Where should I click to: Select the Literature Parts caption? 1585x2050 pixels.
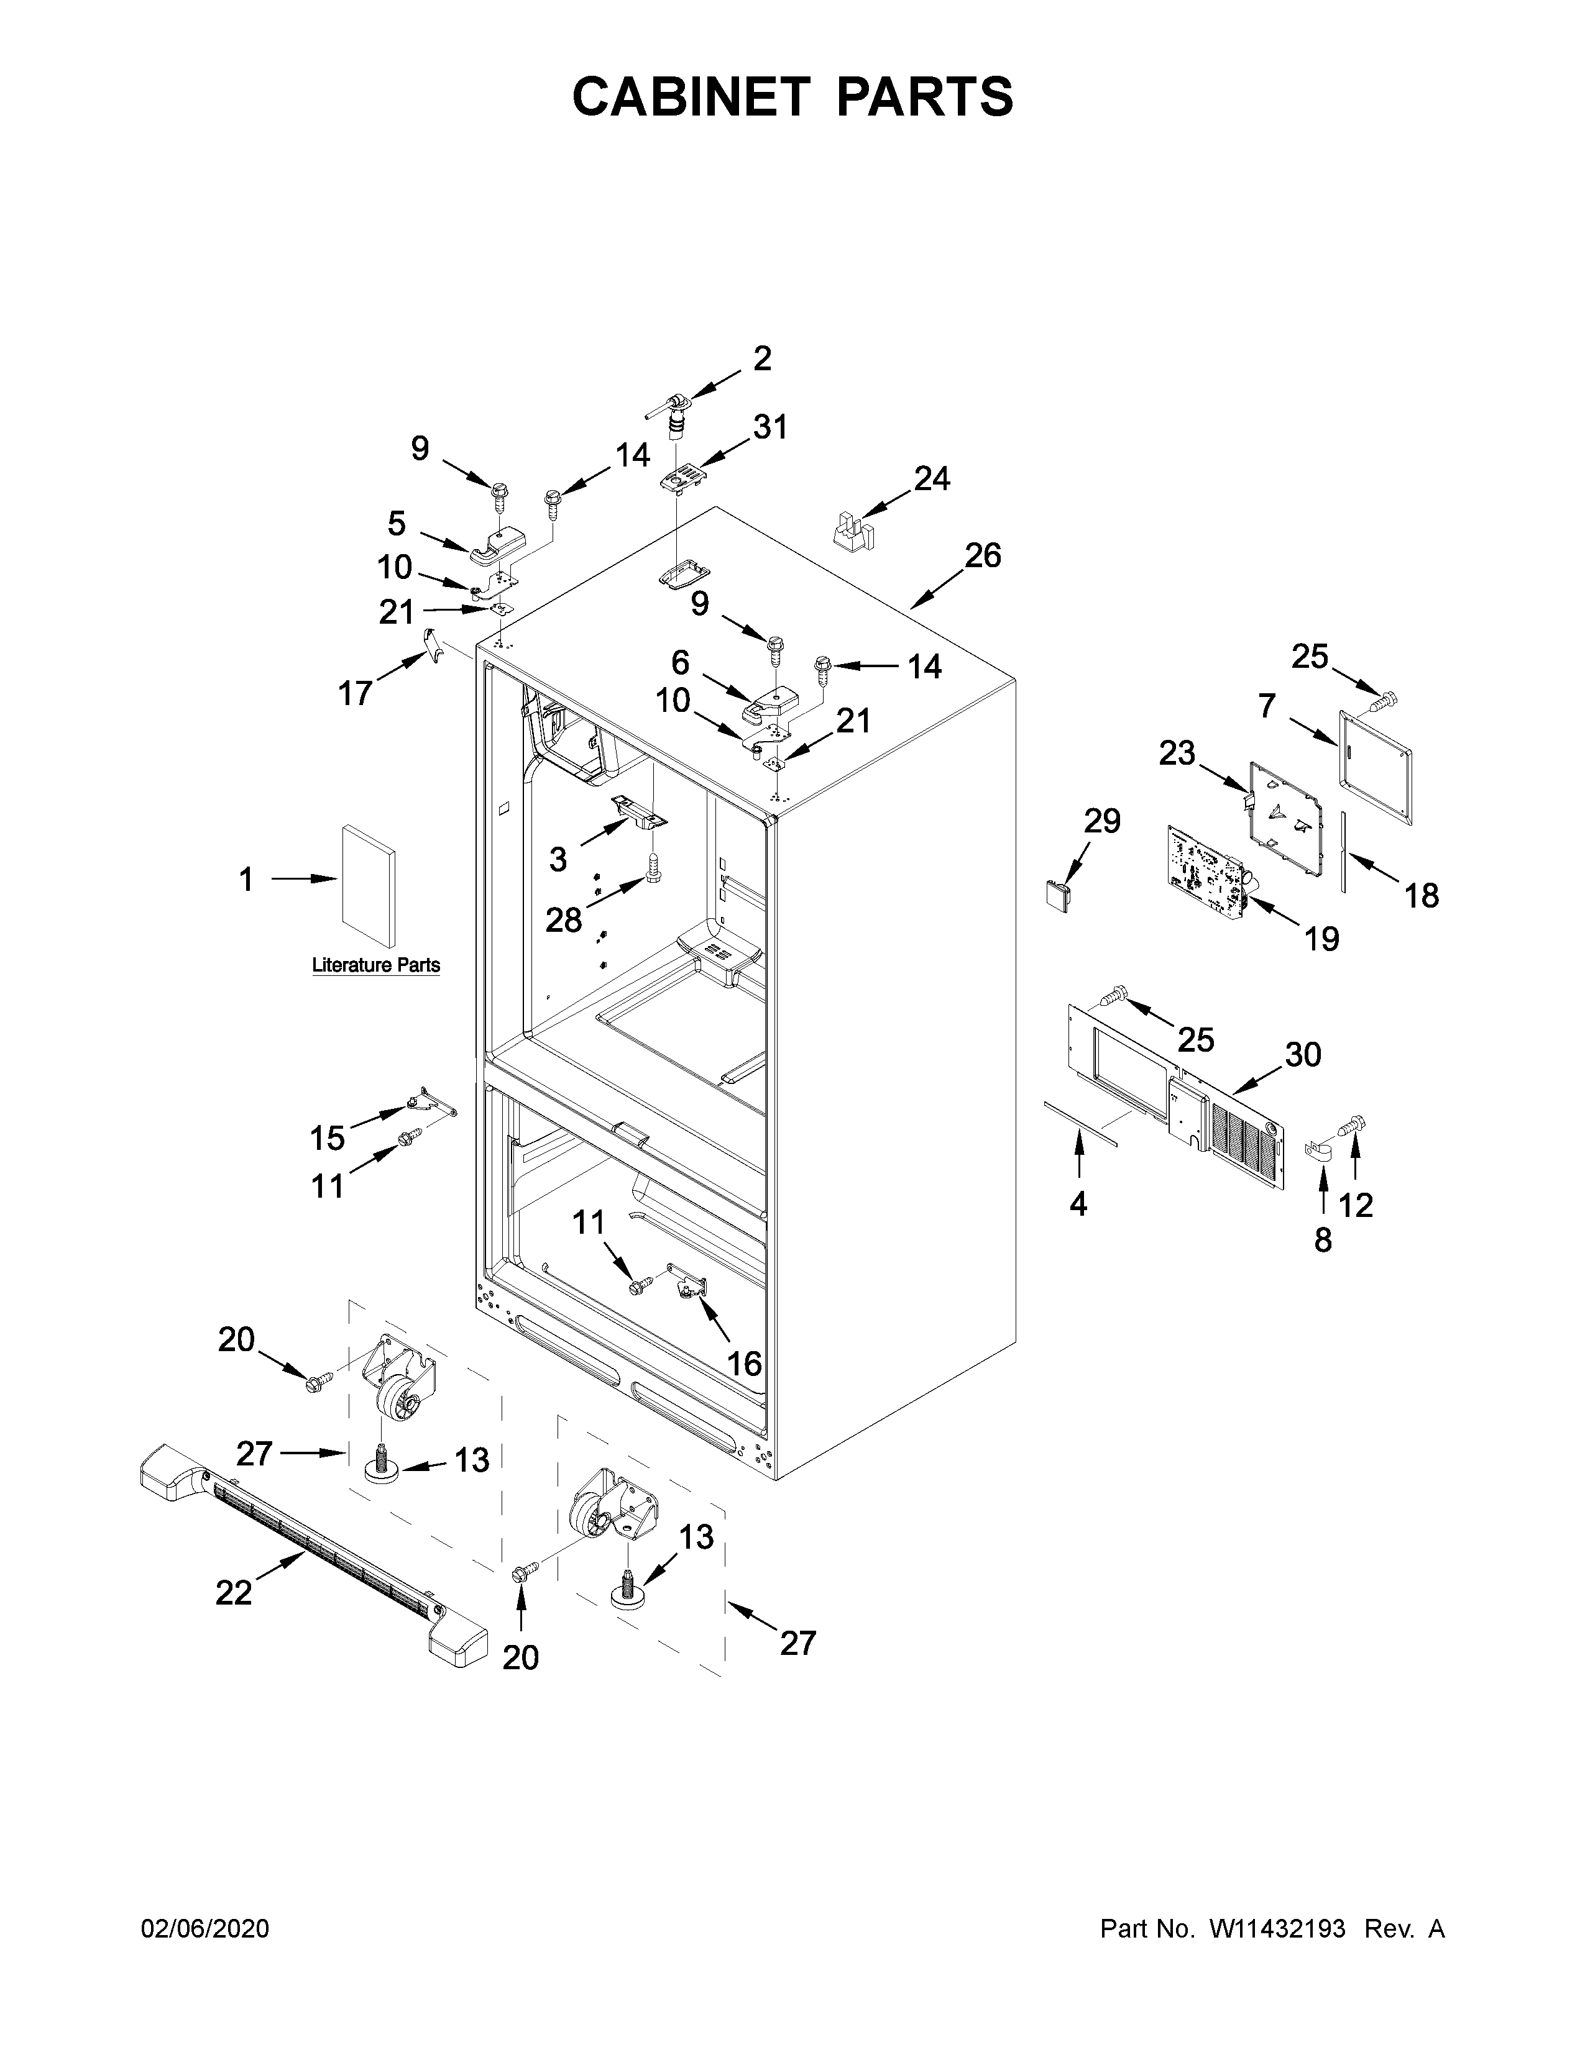click(x=375, y=965)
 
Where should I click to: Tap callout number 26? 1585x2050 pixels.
click(x=982, y=556)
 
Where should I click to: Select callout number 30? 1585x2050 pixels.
click(x=1302, y=1055)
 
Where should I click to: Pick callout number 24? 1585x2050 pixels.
click(x=932, y=479)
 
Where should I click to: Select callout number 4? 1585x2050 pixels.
click(x=1078, y=1203)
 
